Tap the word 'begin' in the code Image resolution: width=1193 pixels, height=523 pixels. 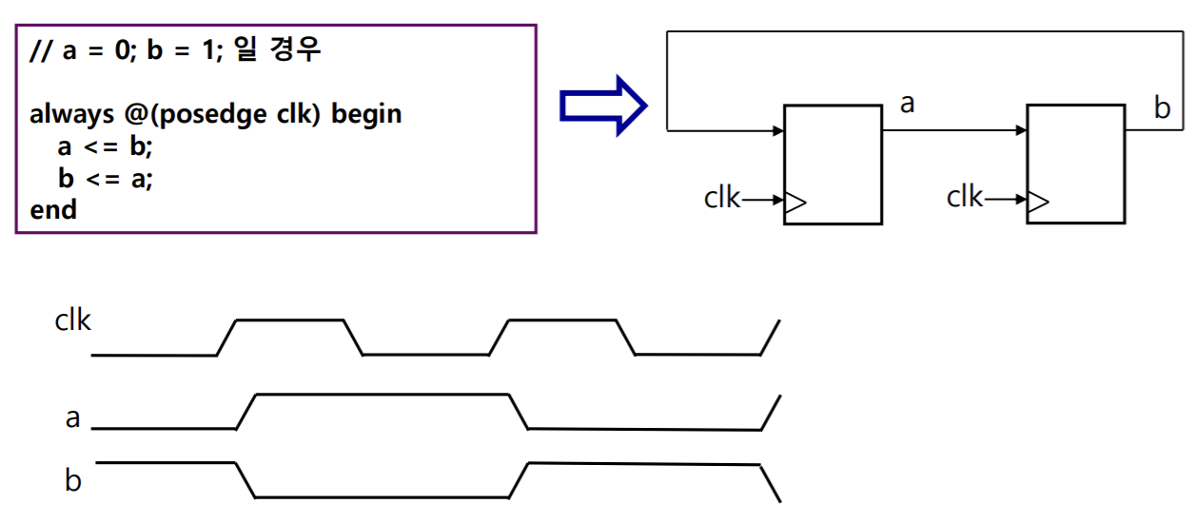(367, 115)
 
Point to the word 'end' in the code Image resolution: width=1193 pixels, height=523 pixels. (53, 209)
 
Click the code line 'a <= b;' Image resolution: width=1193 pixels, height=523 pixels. (105, 146)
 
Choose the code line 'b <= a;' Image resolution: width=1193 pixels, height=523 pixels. (105, 178)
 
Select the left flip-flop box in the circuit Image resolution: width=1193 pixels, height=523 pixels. (832, 165)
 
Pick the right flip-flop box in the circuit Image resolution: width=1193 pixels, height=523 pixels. (1076, 165)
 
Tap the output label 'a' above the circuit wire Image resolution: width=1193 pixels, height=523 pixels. (907, 104)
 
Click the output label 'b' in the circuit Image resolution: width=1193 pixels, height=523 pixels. (1162, 108)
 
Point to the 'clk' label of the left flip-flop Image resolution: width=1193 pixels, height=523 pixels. (722, 199)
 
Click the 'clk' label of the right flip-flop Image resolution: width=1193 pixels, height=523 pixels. (965, 198)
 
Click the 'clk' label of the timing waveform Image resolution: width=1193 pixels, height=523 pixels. (73, 320)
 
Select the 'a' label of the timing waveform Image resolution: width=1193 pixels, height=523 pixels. (73, 417)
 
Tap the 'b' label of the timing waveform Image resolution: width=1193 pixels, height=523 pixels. (73, 481)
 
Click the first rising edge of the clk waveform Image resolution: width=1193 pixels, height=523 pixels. (227, 338)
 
